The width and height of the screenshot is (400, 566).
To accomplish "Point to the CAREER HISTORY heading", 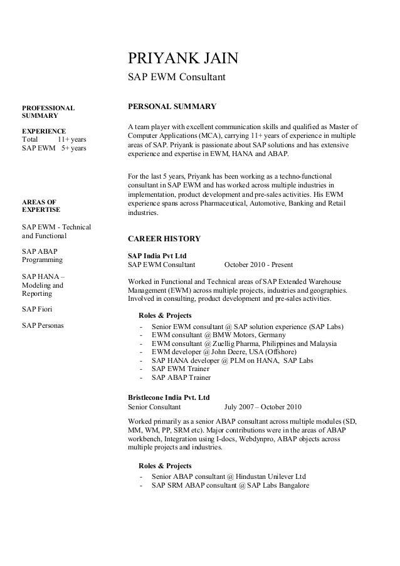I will (164, 239).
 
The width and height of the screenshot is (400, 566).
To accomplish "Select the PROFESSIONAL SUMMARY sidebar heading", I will (48, 112).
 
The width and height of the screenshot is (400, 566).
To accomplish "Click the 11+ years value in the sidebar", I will (71, 139).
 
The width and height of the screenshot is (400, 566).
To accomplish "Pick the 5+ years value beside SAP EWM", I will (73, 148).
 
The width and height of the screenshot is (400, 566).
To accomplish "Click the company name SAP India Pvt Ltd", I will (157, 256).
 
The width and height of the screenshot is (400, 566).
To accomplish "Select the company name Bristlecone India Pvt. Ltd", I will (169, 397).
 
